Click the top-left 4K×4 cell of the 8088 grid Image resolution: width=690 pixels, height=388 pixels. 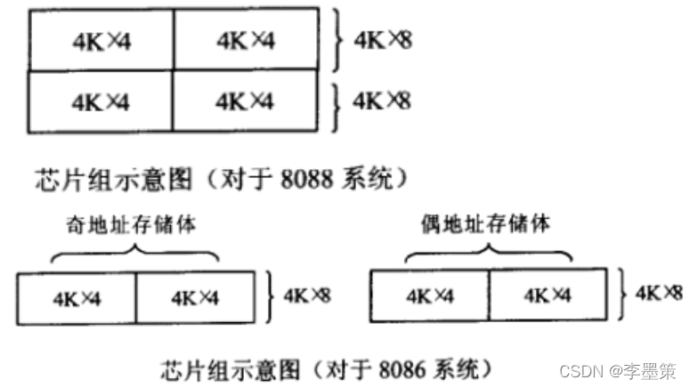(x=101, y=40)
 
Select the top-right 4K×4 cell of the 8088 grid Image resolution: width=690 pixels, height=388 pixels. (x=245, y=40)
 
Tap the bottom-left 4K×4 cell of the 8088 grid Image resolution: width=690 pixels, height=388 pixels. (x=101, y=101)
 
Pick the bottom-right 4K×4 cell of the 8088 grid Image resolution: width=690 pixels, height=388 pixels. (x=245, y=101)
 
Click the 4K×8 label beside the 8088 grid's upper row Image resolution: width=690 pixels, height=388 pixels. (x=382, y=39)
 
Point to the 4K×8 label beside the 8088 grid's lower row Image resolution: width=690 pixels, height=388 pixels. (x=382, y=100)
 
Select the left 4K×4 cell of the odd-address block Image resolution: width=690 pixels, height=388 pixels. (x=77, y=297)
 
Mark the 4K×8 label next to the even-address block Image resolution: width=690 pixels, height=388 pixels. (x=659, y=292)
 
